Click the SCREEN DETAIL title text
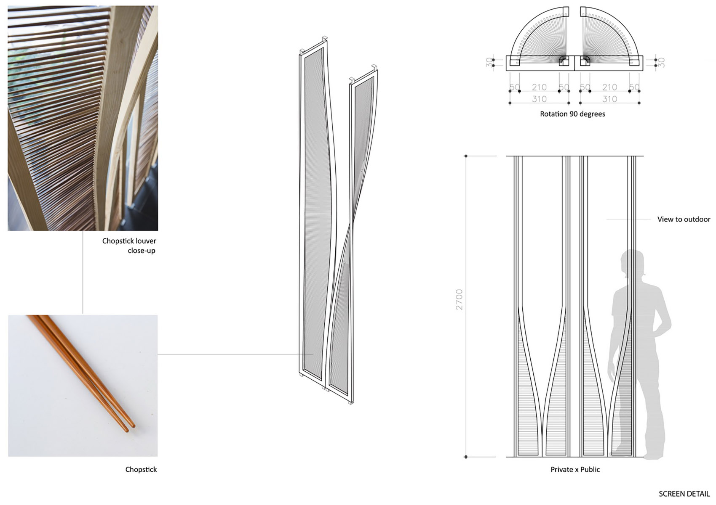coord(684,494)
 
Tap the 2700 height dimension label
coord(460,299)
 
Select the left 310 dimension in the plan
coord(539,99)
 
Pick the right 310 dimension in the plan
coord(609,99)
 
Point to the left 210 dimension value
coord(539,87)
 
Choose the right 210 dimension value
coord(609,87)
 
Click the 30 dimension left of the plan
coord(489,63)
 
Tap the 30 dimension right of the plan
coord(662,63)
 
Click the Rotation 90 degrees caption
coord(572,114)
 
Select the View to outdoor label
coord(684,219)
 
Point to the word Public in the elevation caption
coord(590,469)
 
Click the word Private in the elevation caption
coord(561,469)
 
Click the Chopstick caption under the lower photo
coord(141,469)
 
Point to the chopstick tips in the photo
coord(131,428)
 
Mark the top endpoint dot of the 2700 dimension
coord(466,156)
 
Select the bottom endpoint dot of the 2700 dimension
coord(466,457)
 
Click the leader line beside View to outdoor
coord(628,219)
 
